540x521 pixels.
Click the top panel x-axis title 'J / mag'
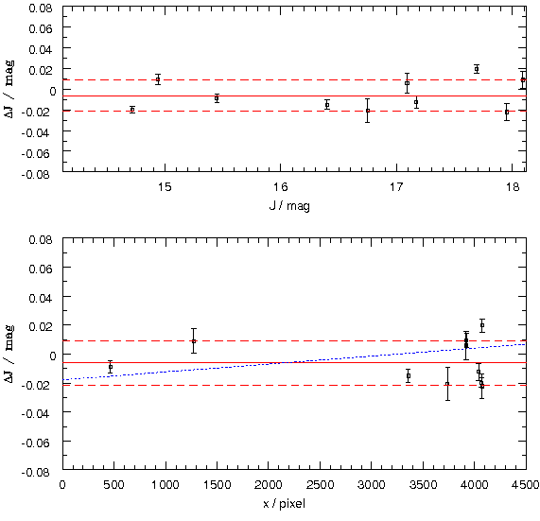tap(289, 206)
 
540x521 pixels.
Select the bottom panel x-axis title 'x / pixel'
tap(284, 504)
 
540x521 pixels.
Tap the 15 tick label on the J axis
tap(165, 187)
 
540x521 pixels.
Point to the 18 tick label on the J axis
tap(513, 187)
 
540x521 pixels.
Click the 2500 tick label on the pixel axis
tap(320, 485)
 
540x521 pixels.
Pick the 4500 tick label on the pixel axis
tap(525, 485)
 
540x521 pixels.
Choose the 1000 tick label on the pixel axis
tap(165, 485)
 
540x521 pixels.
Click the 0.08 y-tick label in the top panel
tap(41, 8)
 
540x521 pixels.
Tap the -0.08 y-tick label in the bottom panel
tap(37, 472)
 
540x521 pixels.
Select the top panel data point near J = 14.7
tap(132, 110)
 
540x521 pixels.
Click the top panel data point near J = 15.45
tap(217, 98)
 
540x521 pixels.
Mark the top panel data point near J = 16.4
tap(327, 105)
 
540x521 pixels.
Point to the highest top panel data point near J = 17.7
tap(477, 69)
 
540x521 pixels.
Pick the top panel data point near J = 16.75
tap(368, 111)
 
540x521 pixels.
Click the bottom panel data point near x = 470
tap(111, 367)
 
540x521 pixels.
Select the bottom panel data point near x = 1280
tap(194, 341)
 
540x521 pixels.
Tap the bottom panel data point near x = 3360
tap(409, 375)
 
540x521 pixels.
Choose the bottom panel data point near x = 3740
tap(447, 384)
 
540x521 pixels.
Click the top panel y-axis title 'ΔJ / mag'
tap(9, 90)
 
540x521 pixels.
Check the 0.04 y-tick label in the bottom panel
tap(41, 298)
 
